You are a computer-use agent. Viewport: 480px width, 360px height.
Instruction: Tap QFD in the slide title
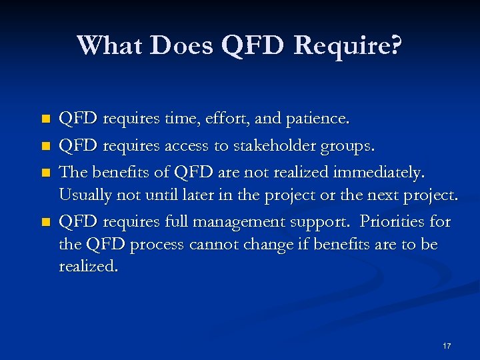253,45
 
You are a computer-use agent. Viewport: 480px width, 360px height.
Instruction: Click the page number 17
446,346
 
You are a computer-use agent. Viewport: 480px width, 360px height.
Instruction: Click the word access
181,146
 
